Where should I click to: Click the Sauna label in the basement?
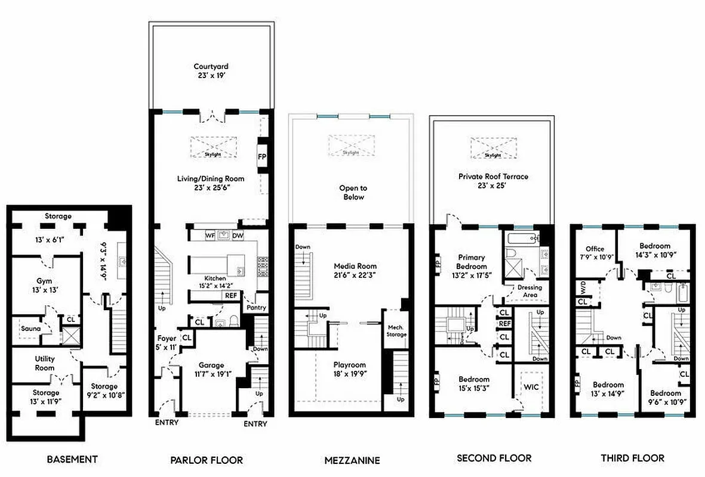(x=30, y=329)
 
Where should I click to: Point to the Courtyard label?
(x=211, y=67)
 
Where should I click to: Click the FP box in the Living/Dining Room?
(x=261, y=157)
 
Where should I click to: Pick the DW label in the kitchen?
(x=238, y=236)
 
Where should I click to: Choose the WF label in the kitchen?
(x=210, y=236)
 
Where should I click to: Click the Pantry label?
(x=255, y=308)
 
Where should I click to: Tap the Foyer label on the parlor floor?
(x=167, y=338)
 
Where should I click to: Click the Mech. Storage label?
(x=396, y=330)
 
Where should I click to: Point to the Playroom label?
(x=349, y=365)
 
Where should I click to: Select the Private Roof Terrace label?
(x=493, y=176)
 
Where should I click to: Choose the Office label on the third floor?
(x=595, y=249)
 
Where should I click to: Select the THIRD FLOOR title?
(x=632, y=458)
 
